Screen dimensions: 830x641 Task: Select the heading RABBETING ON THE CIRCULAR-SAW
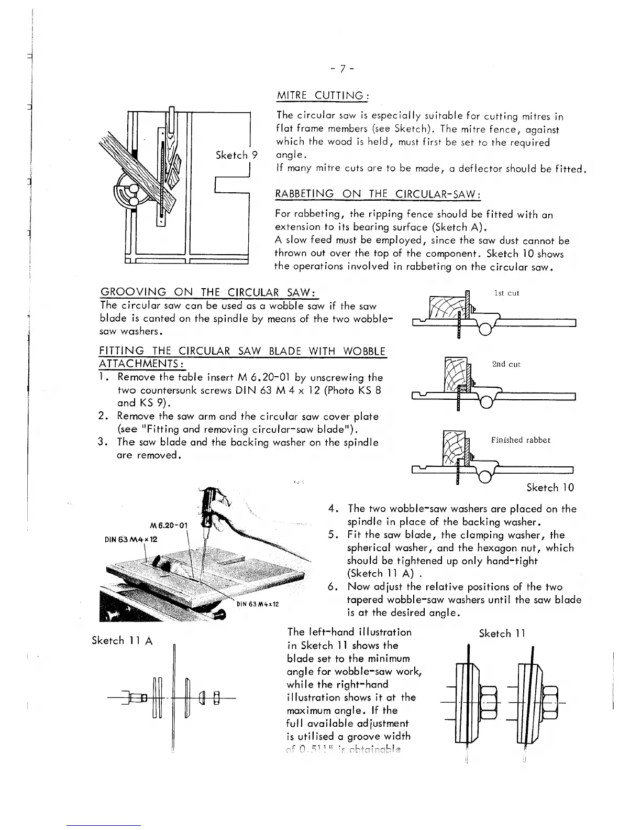pos(378,194)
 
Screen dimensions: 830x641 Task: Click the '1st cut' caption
pos(506,293)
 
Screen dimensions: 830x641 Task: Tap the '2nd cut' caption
pos(506,364)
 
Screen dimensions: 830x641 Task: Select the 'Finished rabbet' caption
pos(521,440)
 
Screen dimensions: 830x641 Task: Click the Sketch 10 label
pos(550,488)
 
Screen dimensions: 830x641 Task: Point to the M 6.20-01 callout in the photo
pos(168,526)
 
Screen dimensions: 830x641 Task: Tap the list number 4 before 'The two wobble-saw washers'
pos(331,509)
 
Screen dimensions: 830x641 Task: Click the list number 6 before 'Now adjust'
pos(331,587)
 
